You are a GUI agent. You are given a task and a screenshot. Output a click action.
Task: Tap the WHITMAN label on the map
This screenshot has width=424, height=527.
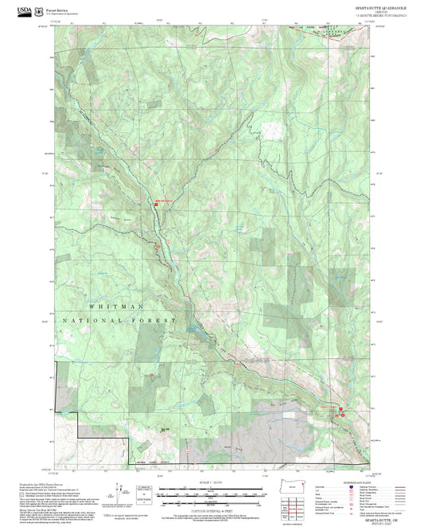tap(117, 306)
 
